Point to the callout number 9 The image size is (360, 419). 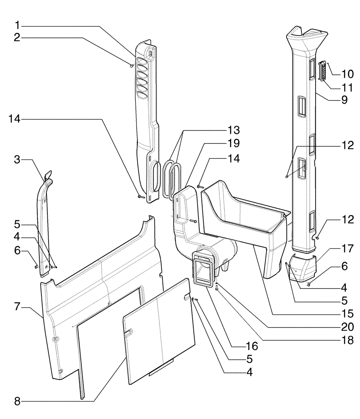345,101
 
